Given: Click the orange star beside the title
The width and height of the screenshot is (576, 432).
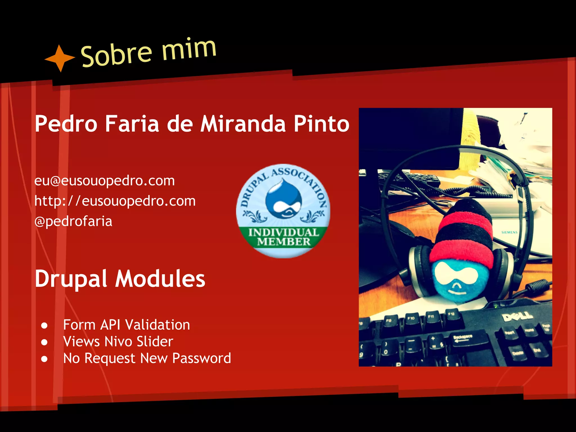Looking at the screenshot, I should point(60,58).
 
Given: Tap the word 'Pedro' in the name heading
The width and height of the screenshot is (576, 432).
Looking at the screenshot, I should point(66,124).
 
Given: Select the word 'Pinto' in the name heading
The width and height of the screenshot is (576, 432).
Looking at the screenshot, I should point(321,124).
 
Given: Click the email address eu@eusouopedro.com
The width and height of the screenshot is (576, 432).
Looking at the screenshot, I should point(104,181).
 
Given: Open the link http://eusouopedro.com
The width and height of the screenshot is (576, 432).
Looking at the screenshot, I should point(115,201).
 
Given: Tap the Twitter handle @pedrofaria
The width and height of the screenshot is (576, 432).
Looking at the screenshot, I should point(73,221).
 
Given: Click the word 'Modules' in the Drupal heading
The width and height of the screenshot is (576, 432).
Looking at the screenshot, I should point(160,279).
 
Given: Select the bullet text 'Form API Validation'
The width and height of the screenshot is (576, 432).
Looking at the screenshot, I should point(127,325).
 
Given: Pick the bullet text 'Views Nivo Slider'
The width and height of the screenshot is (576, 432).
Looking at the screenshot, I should point(118,341).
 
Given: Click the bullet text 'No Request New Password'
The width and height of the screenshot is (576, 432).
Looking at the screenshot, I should point(147,358).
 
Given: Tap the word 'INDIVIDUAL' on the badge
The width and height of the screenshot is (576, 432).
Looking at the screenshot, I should point(283,232).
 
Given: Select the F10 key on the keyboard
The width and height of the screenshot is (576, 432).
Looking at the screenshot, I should point(411,319).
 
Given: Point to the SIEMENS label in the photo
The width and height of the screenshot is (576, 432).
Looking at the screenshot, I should point(509,232).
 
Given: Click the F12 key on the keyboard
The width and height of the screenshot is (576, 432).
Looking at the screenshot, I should point(451,314).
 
